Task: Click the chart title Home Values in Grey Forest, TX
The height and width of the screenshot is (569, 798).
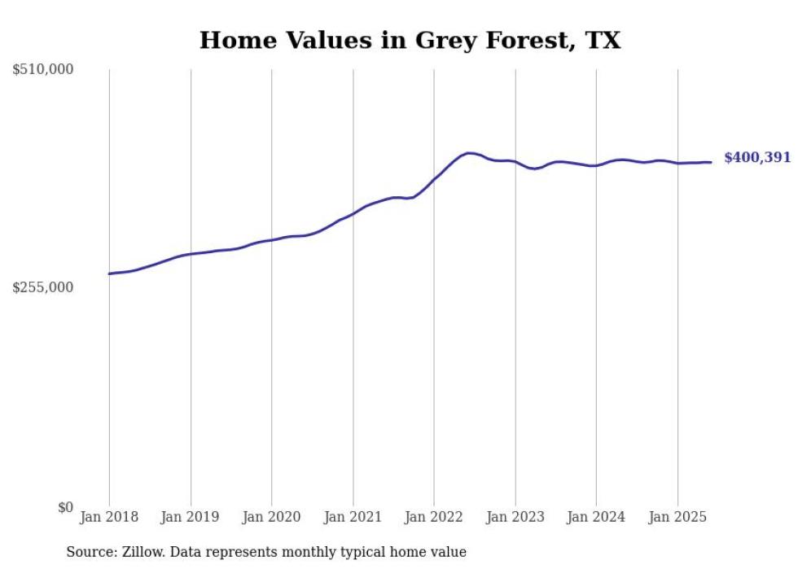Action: click(410, 41)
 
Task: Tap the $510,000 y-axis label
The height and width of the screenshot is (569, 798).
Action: click(43, 70)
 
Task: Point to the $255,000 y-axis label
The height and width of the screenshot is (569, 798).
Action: click(43, 287)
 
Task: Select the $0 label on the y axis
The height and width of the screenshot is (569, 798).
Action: click(65, 507)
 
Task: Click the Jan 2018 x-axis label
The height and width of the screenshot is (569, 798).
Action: click(109, 517)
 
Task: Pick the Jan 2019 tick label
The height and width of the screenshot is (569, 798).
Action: click(191, 517)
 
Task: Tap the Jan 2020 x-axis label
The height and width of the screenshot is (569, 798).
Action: click(272, 517)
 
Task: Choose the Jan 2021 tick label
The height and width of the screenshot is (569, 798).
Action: click(353, 517)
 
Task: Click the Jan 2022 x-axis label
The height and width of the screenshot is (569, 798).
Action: click(434, 517)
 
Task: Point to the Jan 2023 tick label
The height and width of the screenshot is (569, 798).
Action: click(515, 517)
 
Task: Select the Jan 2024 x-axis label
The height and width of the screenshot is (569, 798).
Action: click(596, 517)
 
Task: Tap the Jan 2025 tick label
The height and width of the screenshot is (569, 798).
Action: click(677, 517)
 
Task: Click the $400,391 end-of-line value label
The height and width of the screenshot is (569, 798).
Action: click(757, 158)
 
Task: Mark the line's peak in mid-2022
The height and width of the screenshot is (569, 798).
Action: click(469, 152)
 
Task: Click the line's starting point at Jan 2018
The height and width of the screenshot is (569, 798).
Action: click(109, 274)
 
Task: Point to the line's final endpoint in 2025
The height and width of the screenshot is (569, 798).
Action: click(712, 162)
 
